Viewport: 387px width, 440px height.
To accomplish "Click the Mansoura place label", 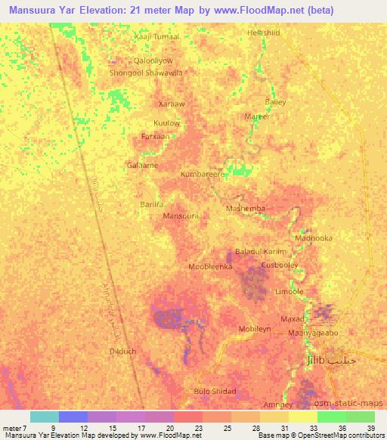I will click(x=181, y=215).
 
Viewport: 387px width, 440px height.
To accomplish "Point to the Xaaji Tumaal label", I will click(x=156, y=36).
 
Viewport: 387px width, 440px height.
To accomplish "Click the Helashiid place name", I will click(x=264, y=33).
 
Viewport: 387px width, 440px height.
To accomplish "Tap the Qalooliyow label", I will click(x=153, y=60).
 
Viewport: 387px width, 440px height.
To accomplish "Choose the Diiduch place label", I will click(x=122, y=352).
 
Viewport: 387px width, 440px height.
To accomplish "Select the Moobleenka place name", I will click(x=209, y=267).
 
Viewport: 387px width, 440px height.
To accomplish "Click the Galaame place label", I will click(x=142, y=164).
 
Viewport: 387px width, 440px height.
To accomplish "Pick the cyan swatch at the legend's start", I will click(x=45, y=417).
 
